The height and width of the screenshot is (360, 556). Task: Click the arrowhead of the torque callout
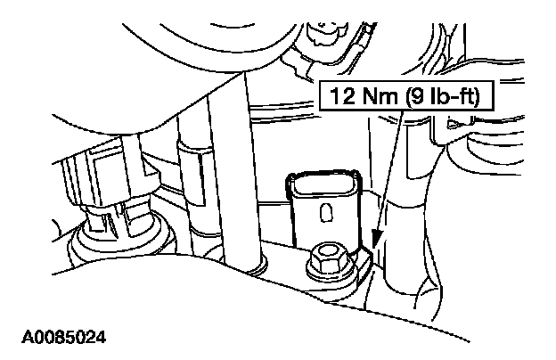(x=375, y=239)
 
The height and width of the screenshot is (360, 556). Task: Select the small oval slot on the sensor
(x=326, y=213)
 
